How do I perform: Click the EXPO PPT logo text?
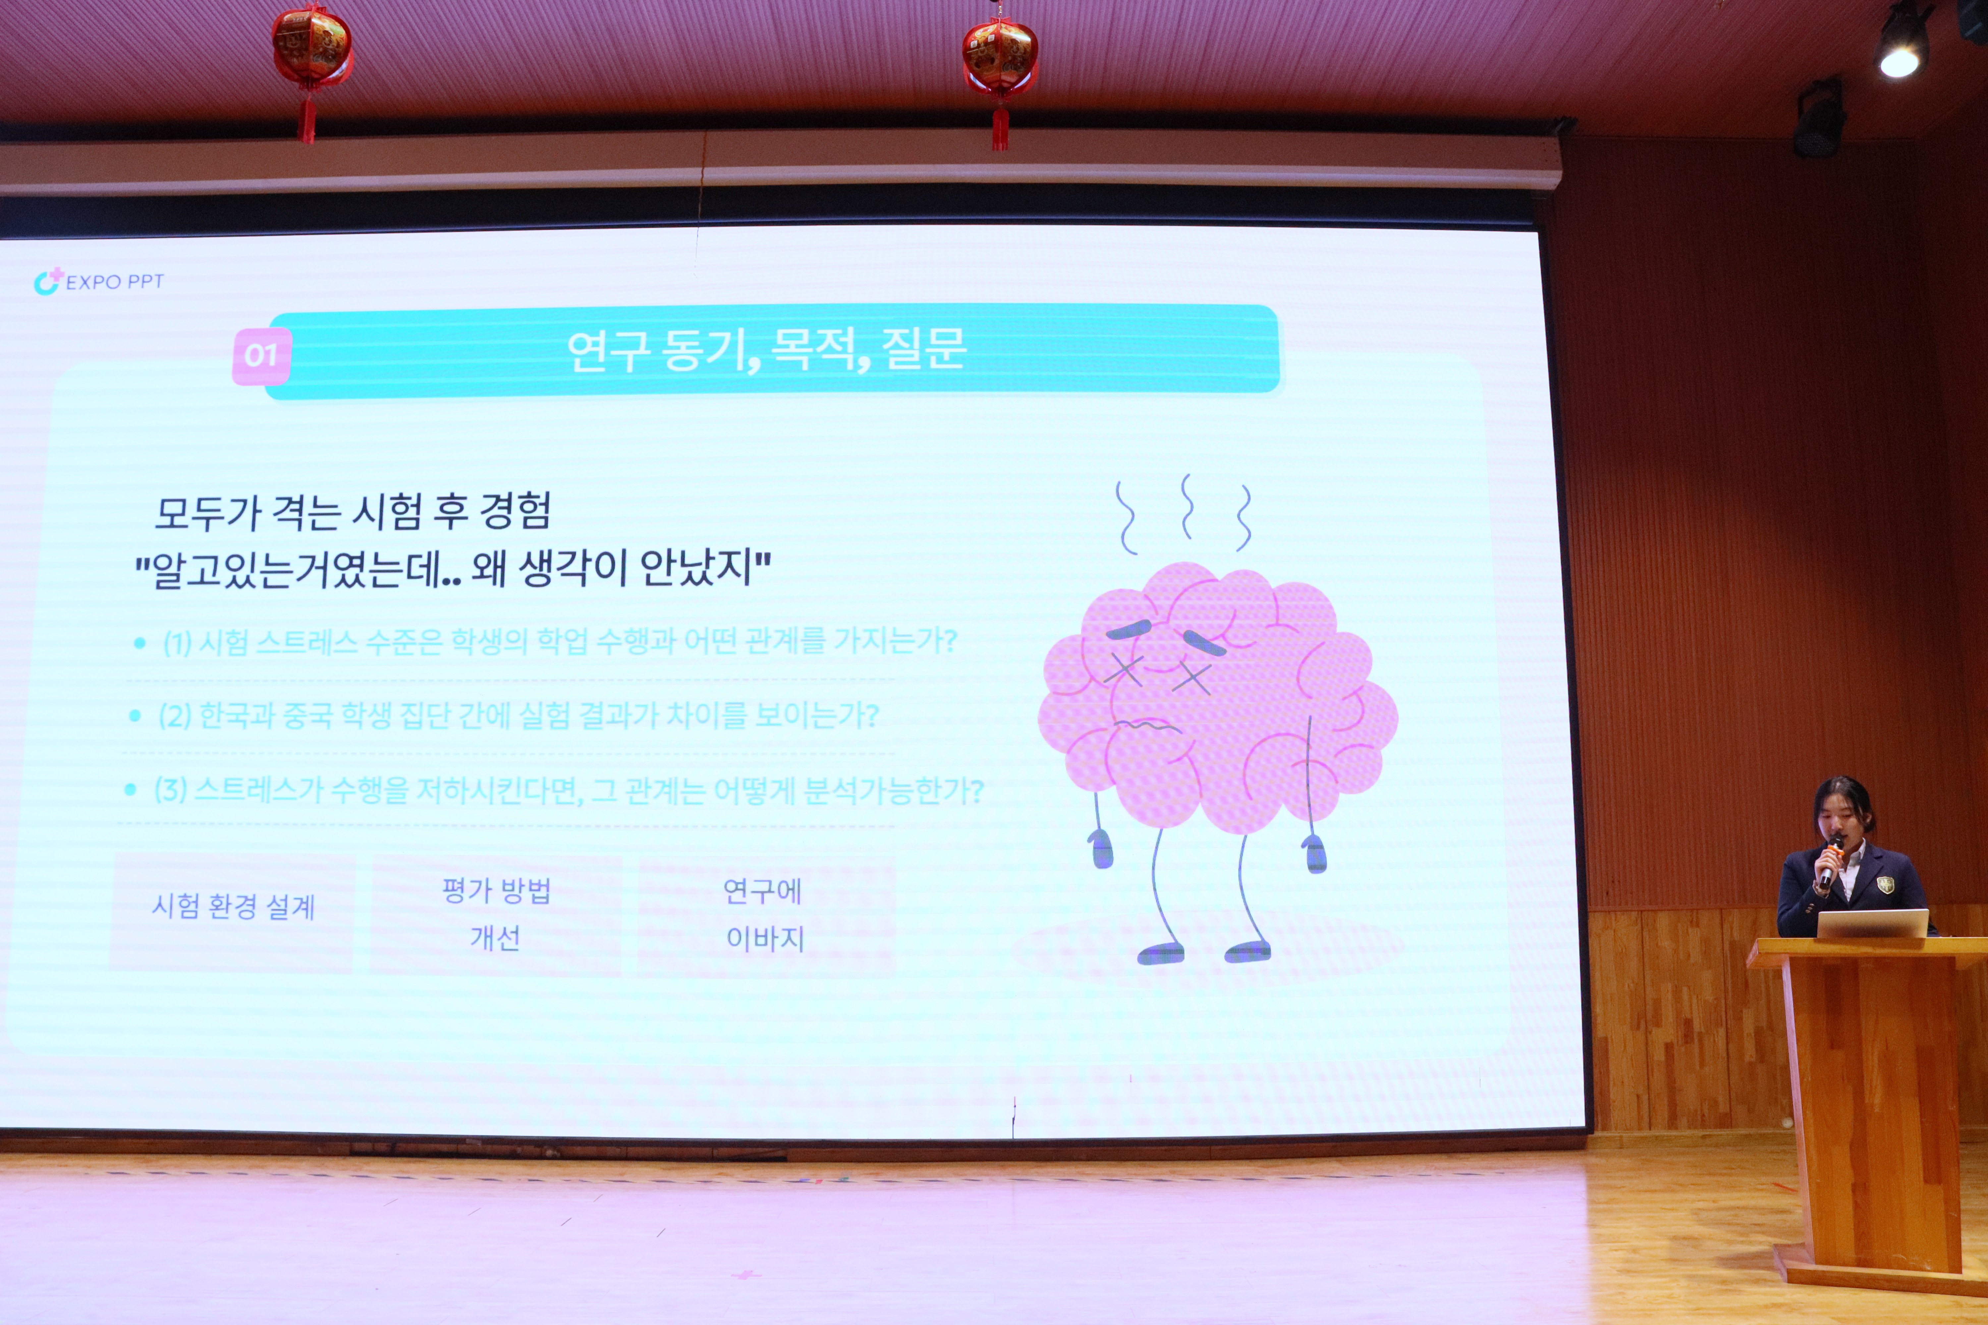pos(114,281)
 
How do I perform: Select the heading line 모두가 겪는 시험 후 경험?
pos(353,511)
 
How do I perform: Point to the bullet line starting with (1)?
pos(560,642)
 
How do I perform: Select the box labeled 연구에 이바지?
pos(765,915)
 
